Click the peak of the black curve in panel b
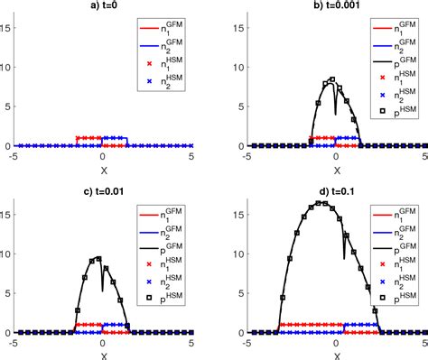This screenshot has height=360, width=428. coord(331,79)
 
